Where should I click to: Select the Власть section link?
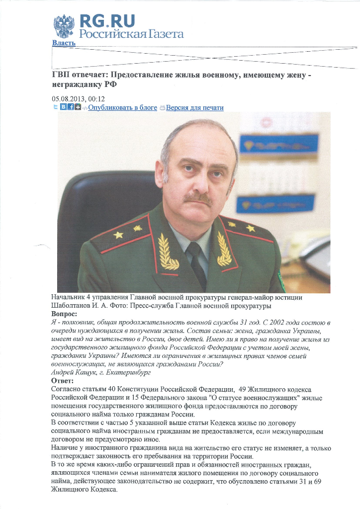pyautogui.click(x=64, y=43)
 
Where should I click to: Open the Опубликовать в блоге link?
pyautogui.click(x=122, y=107)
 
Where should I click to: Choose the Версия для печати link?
pyautogui.click(x=194, y=107)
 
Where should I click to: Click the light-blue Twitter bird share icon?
pyautogui.click(x=55, y=107)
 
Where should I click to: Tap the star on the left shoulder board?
pyautogui.click(x=118, y=234)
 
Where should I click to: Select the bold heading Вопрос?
pyautogui.click(x=64, y=314)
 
